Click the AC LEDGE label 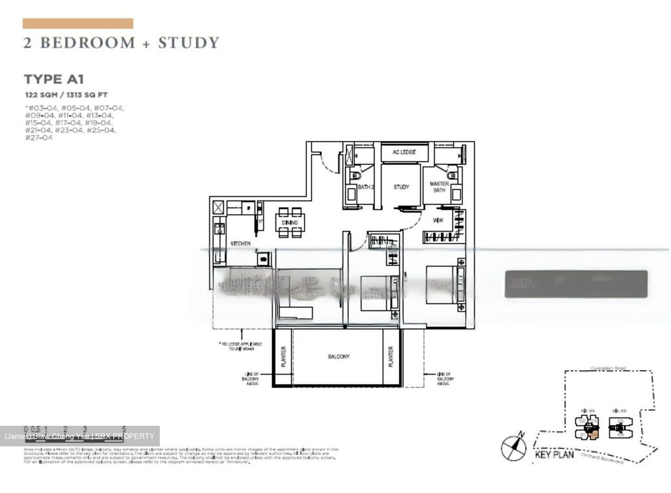pos(404,153)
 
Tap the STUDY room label pos(401,187)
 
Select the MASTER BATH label pos(439,187)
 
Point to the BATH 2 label pos(366,187)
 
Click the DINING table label pos(289,223)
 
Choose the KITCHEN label pos(240,243)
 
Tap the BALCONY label pos(338,357)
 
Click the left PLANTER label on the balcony pos(283,357)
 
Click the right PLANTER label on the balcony pos(390,357)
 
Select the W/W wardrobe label pos(438,221)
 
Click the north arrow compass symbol pos(513,447)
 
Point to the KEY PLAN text pos(554,455)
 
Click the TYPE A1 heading pos(54,79)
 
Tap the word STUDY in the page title pos(188,43)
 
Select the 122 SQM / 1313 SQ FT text pos(66,95)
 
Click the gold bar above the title pos(78,23)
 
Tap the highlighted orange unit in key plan pos(593,435)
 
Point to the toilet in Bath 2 pos(356,175)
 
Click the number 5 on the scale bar pos(124,429)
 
